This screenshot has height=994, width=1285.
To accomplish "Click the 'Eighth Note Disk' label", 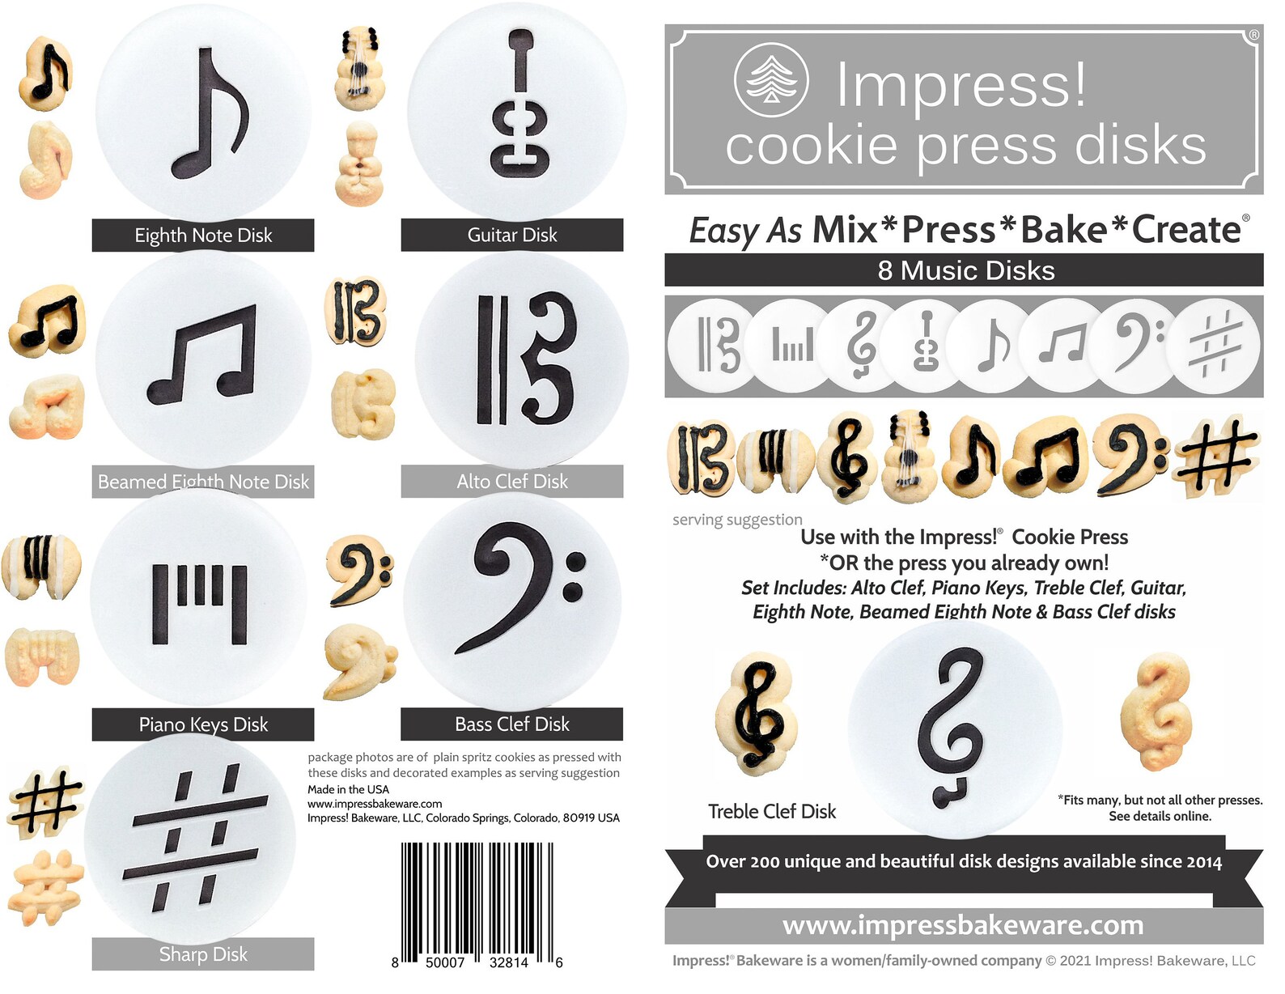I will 203,236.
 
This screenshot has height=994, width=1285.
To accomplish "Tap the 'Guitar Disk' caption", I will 511,235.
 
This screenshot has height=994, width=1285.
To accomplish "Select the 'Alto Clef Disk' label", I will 511,482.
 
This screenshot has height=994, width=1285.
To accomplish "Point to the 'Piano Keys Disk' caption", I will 203,724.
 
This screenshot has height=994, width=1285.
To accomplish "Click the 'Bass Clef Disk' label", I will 511,724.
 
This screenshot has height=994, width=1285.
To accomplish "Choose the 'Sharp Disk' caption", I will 203,954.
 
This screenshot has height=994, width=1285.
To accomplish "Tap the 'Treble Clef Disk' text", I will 772,811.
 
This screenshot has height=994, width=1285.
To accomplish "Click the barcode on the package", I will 477,898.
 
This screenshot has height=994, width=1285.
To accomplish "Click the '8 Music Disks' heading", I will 965,270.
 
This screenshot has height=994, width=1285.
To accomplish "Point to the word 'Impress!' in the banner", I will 961,84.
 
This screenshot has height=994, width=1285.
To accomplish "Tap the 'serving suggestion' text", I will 737,520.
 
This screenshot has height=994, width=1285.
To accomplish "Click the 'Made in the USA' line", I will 348,789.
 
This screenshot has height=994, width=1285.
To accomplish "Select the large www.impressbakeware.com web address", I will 963,924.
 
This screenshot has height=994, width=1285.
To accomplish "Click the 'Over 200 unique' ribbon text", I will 963,861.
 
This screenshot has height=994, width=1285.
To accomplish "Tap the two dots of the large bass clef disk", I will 575,575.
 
